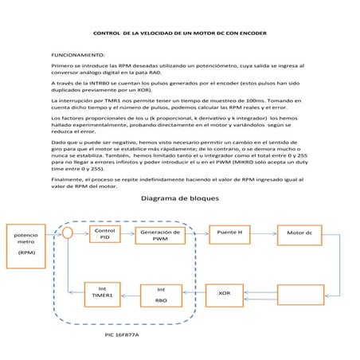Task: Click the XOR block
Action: point(225,295)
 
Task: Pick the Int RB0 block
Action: point(161,295)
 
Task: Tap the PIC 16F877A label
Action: point(122,336)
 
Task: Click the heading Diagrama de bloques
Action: point(179,200)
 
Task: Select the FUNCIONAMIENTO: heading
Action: point(78,55)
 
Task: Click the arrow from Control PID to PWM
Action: point(127,233)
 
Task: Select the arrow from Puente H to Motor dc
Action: point(265,233)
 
